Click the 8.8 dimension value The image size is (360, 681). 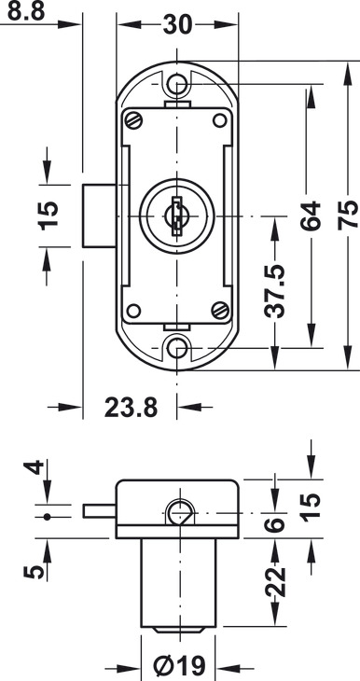(26, 12)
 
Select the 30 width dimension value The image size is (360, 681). (177, 25)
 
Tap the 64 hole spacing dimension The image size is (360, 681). (311, 215)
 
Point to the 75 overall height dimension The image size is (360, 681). (349, 215)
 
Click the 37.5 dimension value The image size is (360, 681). (275, 290)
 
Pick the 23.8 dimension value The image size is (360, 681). (131, 408)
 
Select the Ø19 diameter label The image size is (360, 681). (180, 665)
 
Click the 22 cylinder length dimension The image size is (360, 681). (275, 582)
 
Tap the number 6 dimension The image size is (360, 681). (275, 524)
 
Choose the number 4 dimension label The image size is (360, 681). (34, 466)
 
